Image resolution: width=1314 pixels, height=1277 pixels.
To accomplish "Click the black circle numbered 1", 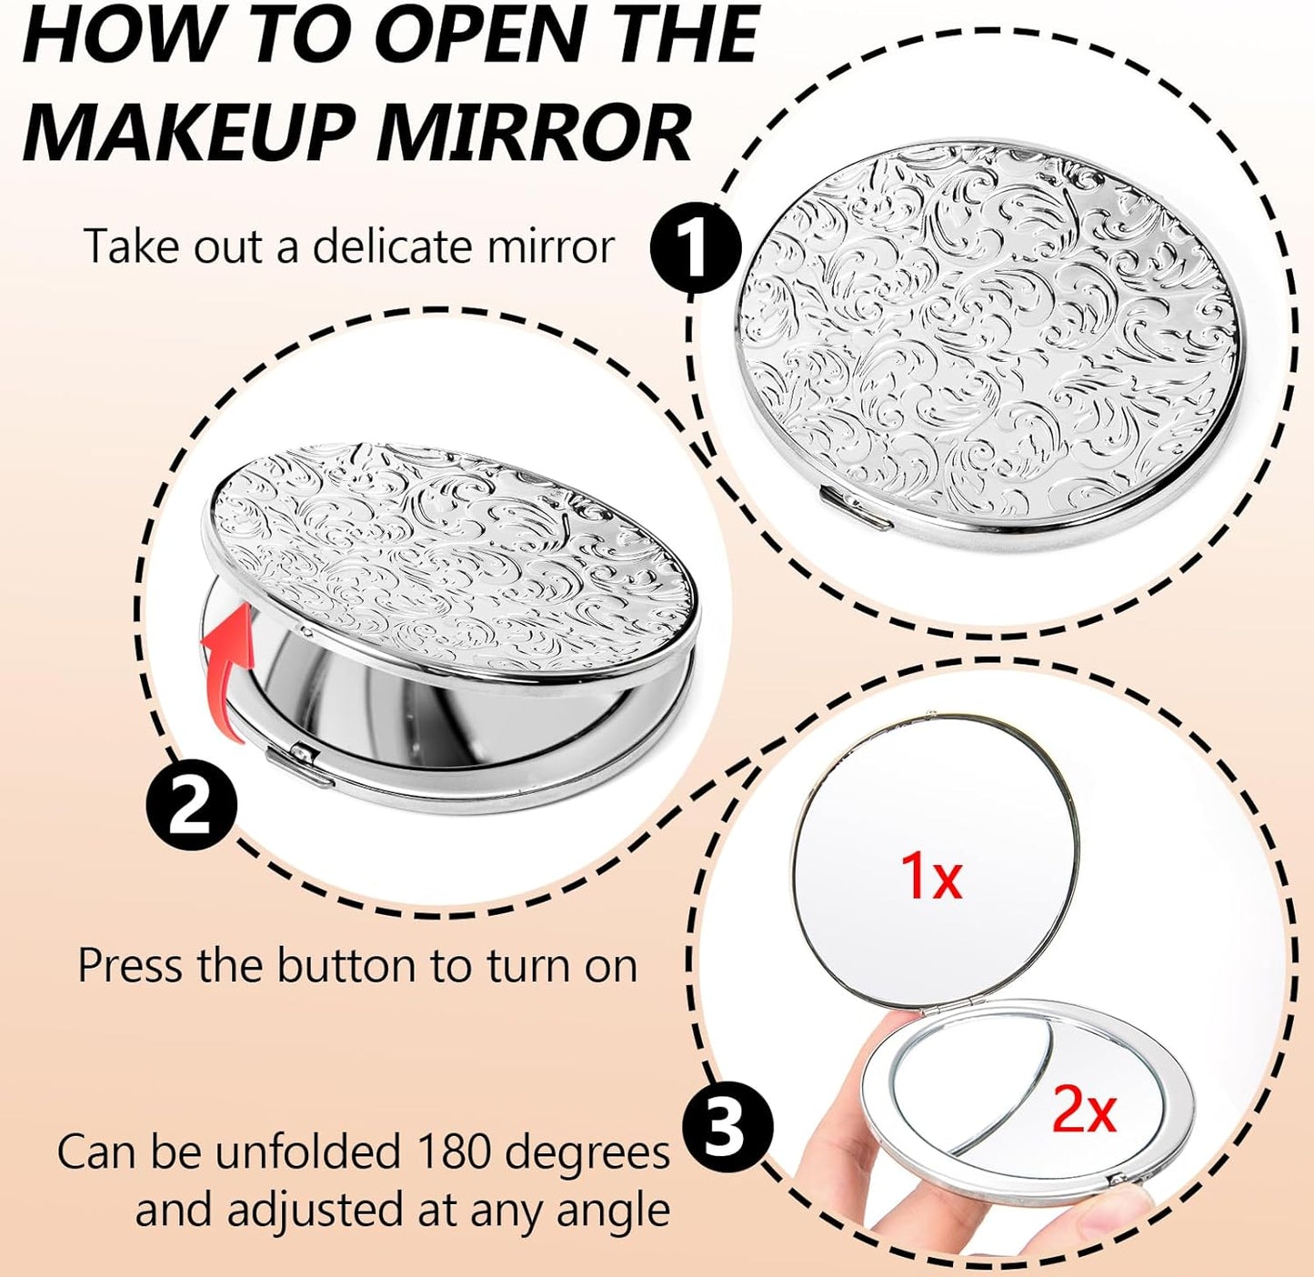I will (x=696, y=247).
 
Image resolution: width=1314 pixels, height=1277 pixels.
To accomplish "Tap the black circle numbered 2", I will (x=192, y=806).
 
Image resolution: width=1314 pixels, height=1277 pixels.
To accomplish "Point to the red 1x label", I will (x=930, y=877).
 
